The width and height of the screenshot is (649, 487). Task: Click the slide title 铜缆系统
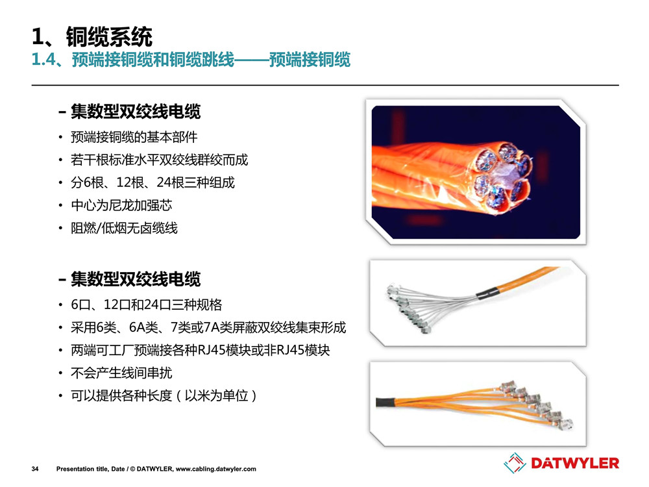(x=109, y=36)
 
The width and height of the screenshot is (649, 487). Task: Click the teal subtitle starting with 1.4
(x=191, y=60)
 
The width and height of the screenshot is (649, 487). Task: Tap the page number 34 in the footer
(x=35, y=469)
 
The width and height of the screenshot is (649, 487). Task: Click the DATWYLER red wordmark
(x=575, y=463)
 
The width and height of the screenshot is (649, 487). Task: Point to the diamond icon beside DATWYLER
(x=515, y=462)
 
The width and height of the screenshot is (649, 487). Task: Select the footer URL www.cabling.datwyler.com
(x=215, y=469)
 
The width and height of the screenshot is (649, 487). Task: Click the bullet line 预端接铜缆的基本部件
(x=134, y=137)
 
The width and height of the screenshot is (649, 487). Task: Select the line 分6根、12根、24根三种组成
(x=153, y=182)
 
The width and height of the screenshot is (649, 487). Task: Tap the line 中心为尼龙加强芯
(x=121, y=205)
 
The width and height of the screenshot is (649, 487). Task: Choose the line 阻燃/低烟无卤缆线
(x=124, y=228)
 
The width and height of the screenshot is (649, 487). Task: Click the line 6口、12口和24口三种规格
(x=147, y=305)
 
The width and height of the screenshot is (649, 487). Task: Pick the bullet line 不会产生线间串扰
(x=121, y=373)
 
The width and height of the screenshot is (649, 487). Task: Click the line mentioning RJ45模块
(x=201, y=351)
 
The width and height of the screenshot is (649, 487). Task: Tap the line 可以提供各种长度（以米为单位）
(x=164, y=396)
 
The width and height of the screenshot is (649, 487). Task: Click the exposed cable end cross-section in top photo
(x=502, y=177)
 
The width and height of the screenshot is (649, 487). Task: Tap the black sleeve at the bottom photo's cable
(x=386, y=402)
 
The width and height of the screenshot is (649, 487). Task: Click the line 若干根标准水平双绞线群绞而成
(x=160, y=160)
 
